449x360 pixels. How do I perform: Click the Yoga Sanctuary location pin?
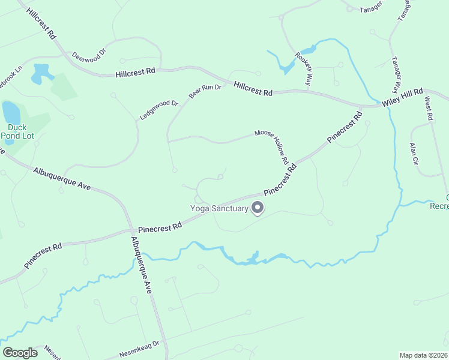[x=258, y=208]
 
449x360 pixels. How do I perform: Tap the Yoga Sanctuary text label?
[x=219, y=209]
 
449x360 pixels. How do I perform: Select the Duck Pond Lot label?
[x=20, y=131]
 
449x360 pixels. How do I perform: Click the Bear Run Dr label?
[x=205, y=91]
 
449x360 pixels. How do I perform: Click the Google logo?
[x=20, y=353]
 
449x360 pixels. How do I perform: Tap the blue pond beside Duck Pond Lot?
[x=11, y=112]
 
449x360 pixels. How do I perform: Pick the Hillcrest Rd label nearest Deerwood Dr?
[x=136, y=71]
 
